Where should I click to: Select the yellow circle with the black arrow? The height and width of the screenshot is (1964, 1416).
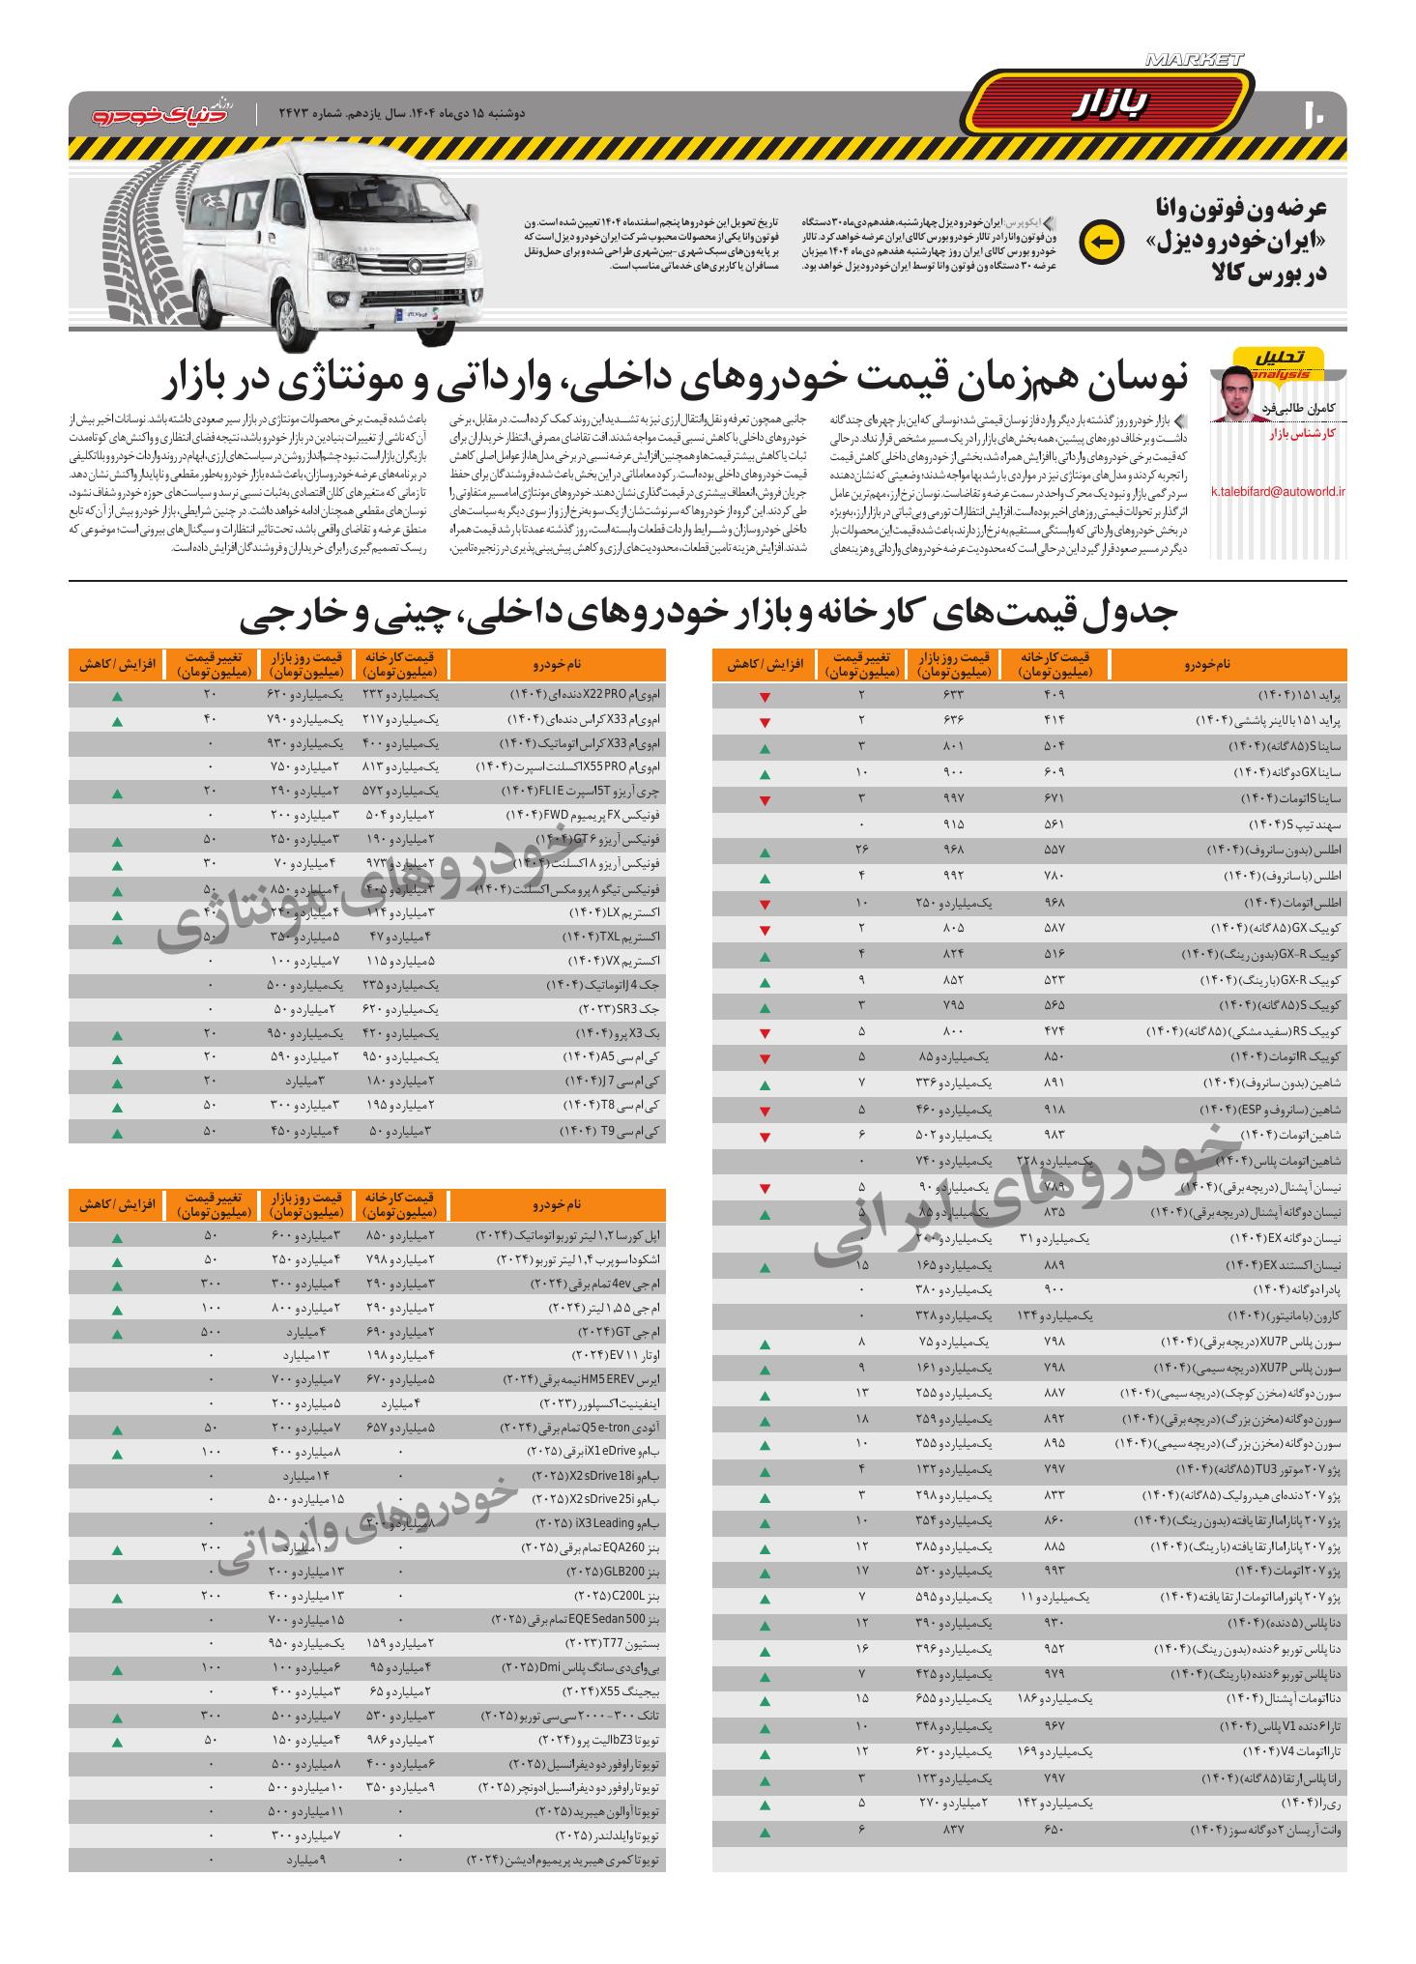pos(1101,243)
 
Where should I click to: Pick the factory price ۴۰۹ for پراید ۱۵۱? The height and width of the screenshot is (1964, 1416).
pos(1052,695)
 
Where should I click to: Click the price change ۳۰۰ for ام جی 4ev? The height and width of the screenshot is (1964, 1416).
pos(212,1283)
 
